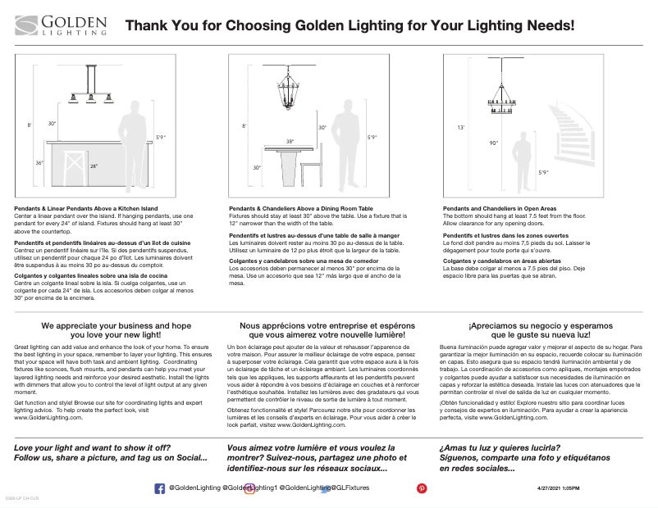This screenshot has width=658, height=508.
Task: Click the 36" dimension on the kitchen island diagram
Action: pyautogui.click(x=39, y=163)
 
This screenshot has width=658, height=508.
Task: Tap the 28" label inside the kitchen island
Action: pyautogui.click(x=94, y=166)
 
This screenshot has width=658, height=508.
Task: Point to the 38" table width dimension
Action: pyautogui.click(x=289, y=142)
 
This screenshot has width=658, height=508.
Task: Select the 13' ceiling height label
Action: pyautogui.click(x=461, y=129)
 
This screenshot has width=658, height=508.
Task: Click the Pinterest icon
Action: pyautogui.click(x=423, y=488)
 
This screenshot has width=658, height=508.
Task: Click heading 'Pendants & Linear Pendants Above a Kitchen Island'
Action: pyautogui.click(x=85, y=209)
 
